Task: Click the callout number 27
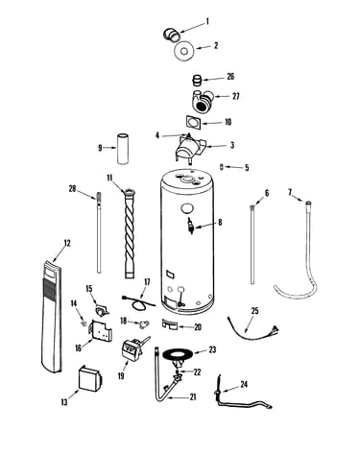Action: pos(236,96)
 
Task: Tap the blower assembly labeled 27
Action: pos(203,101)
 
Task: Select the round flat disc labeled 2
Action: pos(184,51)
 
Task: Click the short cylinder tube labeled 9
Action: pos(123,149)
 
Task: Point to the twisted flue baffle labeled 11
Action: pos(130,233)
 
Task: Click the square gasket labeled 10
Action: pos(194,123)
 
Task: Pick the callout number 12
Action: pos(67,243)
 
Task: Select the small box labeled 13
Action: pos(90,378)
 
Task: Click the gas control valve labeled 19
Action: pos(132,350)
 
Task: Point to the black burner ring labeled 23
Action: pos(178,354)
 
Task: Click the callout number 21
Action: pos(193,397)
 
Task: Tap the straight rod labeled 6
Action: pos(252,244)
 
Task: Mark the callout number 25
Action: pos(254,311)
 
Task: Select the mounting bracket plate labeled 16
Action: pos(101,333)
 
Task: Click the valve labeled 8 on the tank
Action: pos(192,225)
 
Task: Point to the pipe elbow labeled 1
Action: pos(172,35)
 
